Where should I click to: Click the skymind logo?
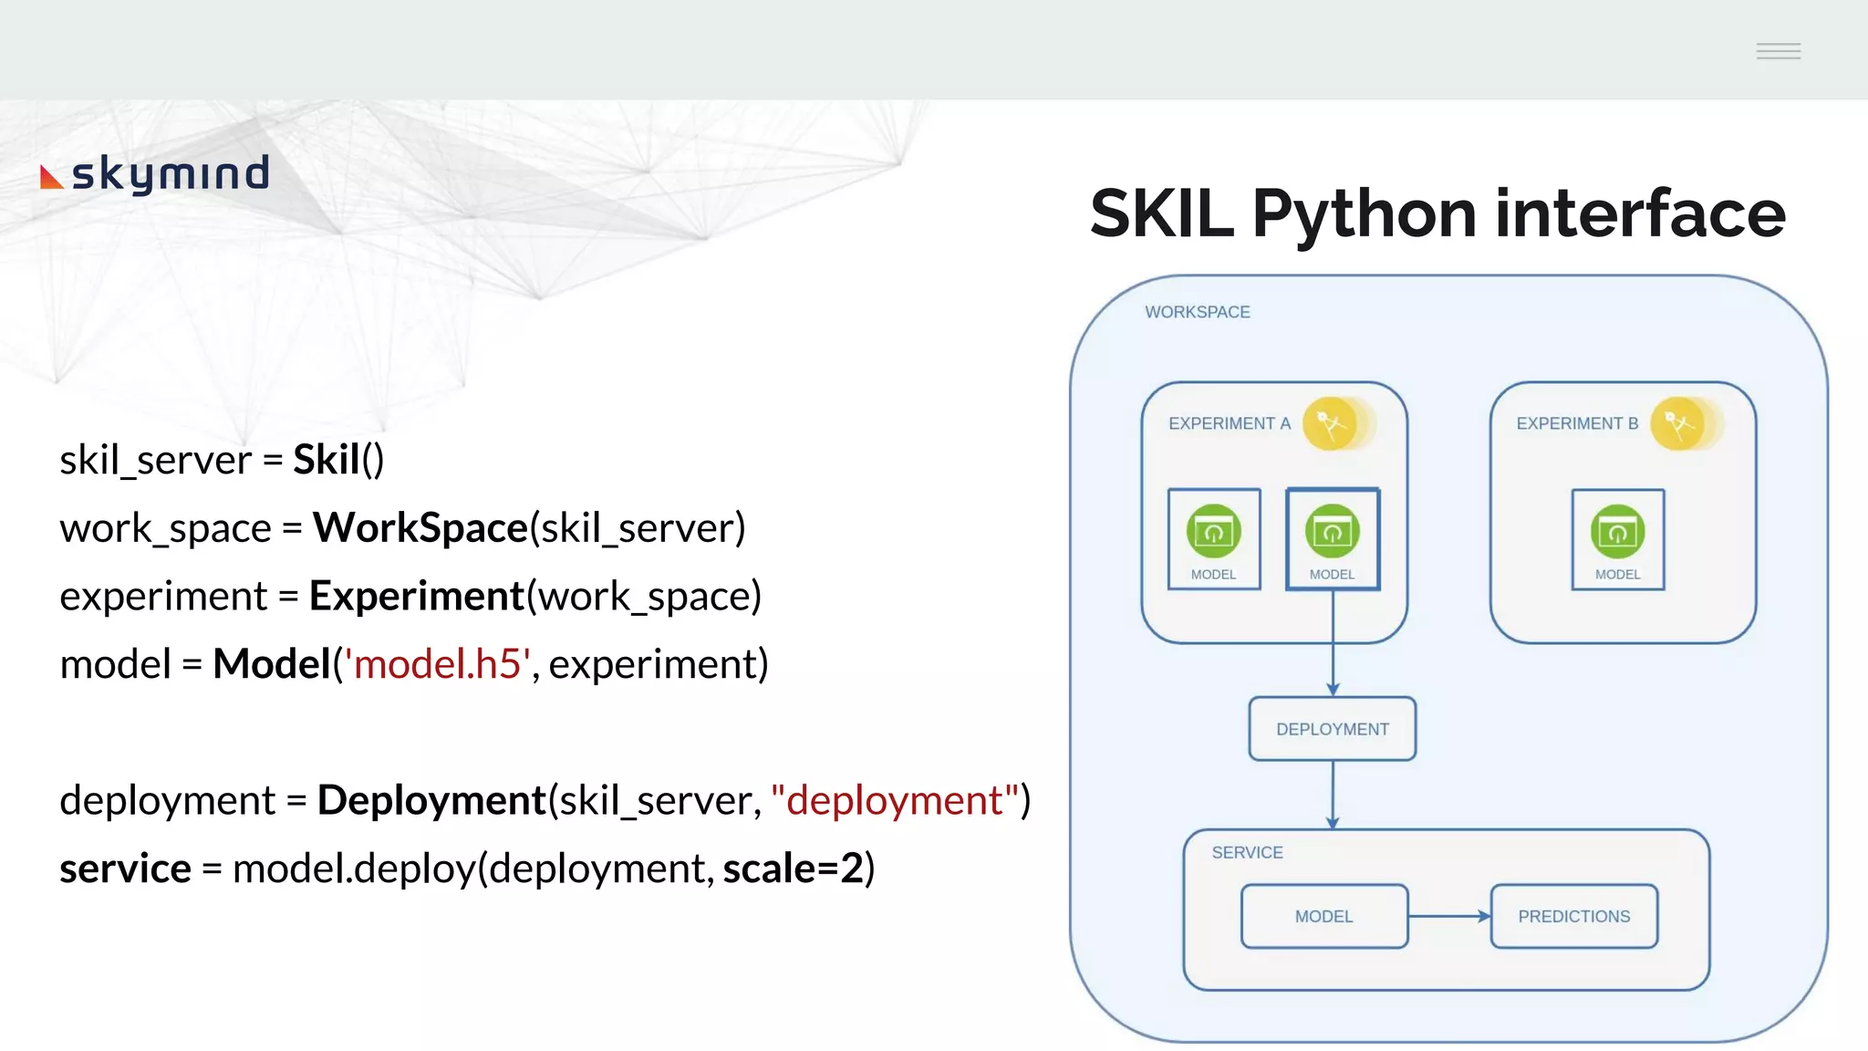pyautogui.click(x=155, y=173)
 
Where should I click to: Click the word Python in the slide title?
pyautogui.click(x=1365, y=215)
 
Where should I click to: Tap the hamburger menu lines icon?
pyautogui.click(x=1778, y=51)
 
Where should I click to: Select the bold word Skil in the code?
pyautogui.click(x=326, y=460)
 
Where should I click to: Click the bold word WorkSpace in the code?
pyautogui.click(x=420, y=528)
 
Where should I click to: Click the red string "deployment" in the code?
pyautogui.click(x=894, y=800)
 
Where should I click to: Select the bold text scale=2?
pyautogui.click(x=793, y=869)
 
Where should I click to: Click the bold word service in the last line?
pyautogui.click(x=125, y=869)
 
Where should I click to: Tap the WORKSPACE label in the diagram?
pyautogui.click(x=1197, y=312)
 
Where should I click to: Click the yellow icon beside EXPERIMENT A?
pyautogui.click(x=1331, y=423)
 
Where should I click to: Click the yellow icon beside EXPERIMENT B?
pyautogui.click(x=1678, y=423)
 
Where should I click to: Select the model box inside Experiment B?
pyautogui.click(x=1617, y=539)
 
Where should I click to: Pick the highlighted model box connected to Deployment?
pyautogui.click(x=1332, y=539)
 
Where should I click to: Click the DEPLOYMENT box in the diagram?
pyautogui.click(x=1332, y=729)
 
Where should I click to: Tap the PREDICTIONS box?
pyautogui.click(x=1573, y=916)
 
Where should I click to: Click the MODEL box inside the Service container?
pyautogui.click(x=1323, y=916)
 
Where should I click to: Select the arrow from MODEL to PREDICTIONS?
pyautogui.click(x=1449, y=916)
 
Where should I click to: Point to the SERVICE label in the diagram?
pyautogui.click(x=1247, y=852)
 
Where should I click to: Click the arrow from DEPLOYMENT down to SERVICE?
pyautogui.click(x=1333, y=794)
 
